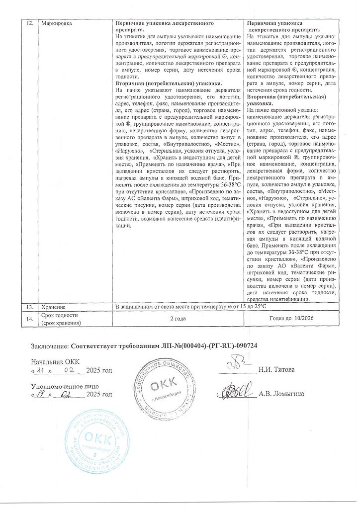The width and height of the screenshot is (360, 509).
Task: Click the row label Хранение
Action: point(54,308)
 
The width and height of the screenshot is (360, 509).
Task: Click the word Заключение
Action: point(50,346)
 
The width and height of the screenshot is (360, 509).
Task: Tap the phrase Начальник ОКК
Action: point(55,362)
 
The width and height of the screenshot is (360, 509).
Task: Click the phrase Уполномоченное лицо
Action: point(65,386)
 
